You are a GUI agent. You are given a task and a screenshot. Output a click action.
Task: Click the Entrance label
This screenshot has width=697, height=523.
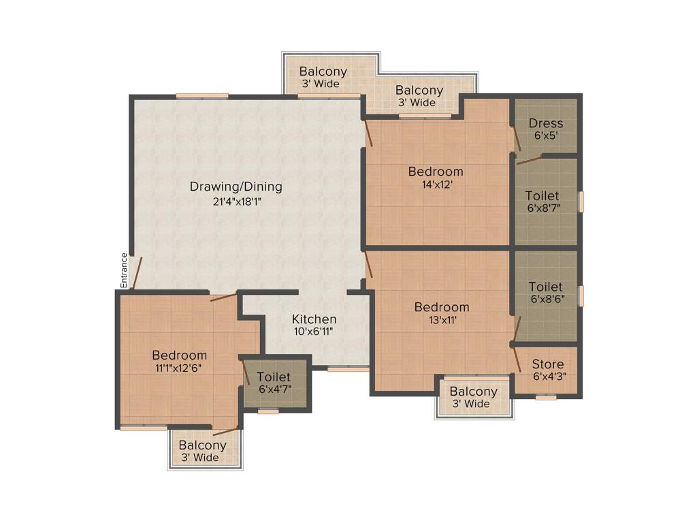[x=124, y=270]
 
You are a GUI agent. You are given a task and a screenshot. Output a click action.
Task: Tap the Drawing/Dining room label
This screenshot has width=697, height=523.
[x=236, y=187]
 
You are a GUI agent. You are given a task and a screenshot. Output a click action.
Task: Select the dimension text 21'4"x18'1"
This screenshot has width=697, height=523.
[x=236, y=202]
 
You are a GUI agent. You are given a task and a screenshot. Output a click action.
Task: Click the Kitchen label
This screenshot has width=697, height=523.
[x=314, y=319]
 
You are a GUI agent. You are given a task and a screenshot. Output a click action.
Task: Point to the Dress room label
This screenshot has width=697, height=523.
[x=546, y=123]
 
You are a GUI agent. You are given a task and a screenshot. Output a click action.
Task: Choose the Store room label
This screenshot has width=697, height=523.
[x=548, y=364]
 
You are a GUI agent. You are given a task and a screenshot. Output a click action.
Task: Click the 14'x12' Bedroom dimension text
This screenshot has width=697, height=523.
[x=436, y=184]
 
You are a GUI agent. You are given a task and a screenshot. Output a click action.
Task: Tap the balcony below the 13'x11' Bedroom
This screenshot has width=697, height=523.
[x=473, y=396]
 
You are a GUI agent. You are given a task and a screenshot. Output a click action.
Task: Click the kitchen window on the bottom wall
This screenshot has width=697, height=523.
[x=348, y=369]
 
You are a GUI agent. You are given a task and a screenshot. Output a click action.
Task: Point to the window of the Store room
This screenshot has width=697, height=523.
[x=546, y=397]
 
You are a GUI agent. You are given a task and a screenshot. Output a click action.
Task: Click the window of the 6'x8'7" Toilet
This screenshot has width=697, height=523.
[x=581, y=202]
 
